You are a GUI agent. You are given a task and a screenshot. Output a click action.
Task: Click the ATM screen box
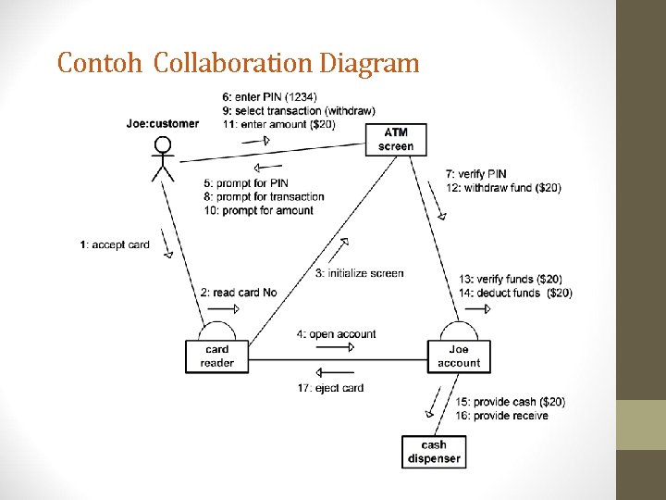coord(396,139)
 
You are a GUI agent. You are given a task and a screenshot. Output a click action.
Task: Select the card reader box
coord(217,356)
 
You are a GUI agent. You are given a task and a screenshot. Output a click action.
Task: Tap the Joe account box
coord(459,356)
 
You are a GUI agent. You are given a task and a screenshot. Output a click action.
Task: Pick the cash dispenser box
coord(434,451)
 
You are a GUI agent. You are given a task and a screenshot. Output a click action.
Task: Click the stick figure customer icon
coord(163,158)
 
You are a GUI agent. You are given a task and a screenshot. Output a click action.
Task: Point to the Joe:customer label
coord(163,124)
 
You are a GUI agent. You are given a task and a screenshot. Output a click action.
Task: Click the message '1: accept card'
coord(115,244)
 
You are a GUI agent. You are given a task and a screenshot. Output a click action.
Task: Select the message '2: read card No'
coord(239,293)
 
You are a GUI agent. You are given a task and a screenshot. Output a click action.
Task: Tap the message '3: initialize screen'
coord(359,273)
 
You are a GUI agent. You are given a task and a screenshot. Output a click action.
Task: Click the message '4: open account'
coord(337,334)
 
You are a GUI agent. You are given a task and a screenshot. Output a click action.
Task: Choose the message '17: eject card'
coord(331,388)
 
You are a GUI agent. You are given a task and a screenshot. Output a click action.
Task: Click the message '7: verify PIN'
coord(475,174)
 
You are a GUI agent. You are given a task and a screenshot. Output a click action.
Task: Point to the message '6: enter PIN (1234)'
coord(268,96)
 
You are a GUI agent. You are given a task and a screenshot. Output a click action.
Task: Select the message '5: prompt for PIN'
coord(246,182)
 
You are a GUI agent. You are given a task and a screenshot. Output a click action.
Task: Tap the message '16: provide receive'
coord(501,416)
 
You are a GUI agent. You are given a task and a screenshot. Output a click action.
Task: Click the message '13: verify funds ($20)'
coord(510,280)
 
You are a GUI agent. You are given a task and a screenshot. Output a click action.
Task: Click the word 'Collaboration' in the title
coord(233,63)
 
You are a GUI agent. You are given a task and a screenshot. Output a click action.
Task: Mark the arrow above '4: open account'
coord(335,347)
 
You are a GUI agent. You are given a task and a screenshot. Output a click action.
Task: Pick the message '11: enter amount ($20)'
coord(278,124)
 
